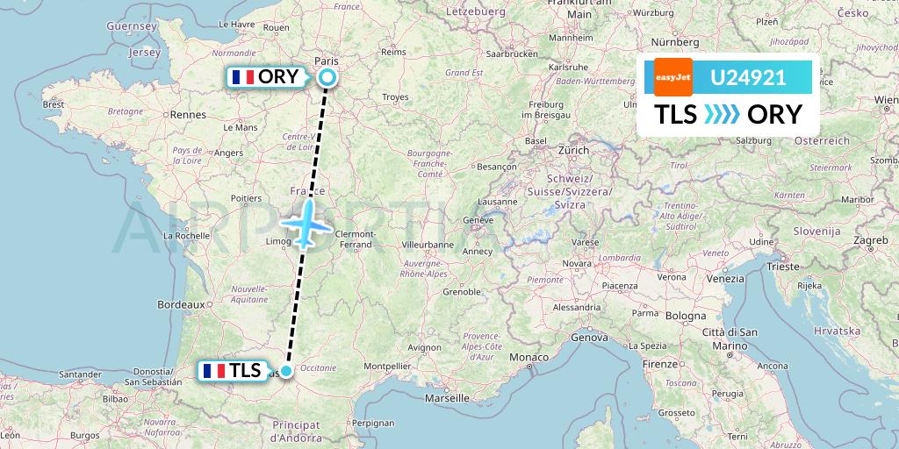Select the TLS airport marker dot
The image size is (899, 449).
point(285,370)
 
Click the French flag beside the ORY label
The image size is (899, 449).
point(243,77)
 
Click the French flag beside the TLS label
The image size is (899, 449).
point(213,370)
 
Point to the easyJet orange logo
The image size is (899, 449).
point(673,77)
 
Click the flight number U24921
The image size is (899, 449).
point(748,77)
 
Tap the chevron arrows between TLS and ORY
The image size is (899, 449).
point(722,115)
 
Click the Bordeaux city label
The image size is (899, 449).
point(181,303)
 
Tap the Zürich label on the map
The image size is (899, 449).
point(573,150)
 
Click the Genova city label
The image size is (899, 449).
point(589,337)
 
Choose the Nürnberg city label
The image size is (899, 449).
point(674,42)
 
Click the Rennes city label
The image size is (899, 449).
point(188,114)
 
